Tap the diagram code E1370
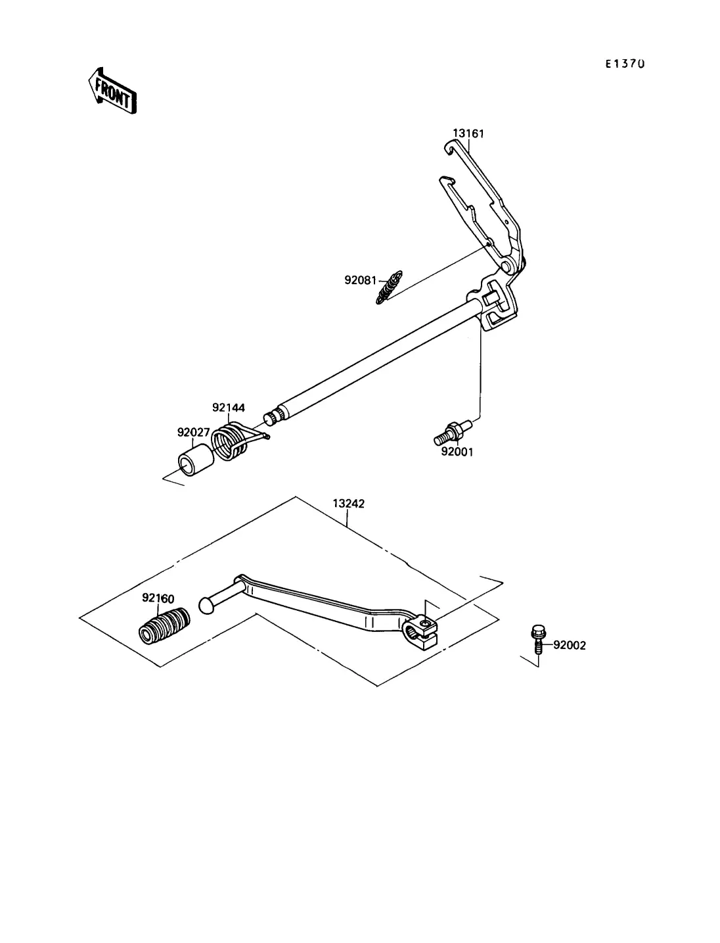coord(625,64)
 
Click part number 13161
coord(469,133)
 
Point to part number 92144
coord(228,408)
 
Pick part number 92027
coord(193,433)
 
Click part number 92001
coord(457,452)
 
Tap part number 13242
coord(349,504)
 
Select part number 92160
coord(158,598)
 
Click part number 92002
coord(569,645)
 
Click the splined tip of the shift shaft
coord(271,419)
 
